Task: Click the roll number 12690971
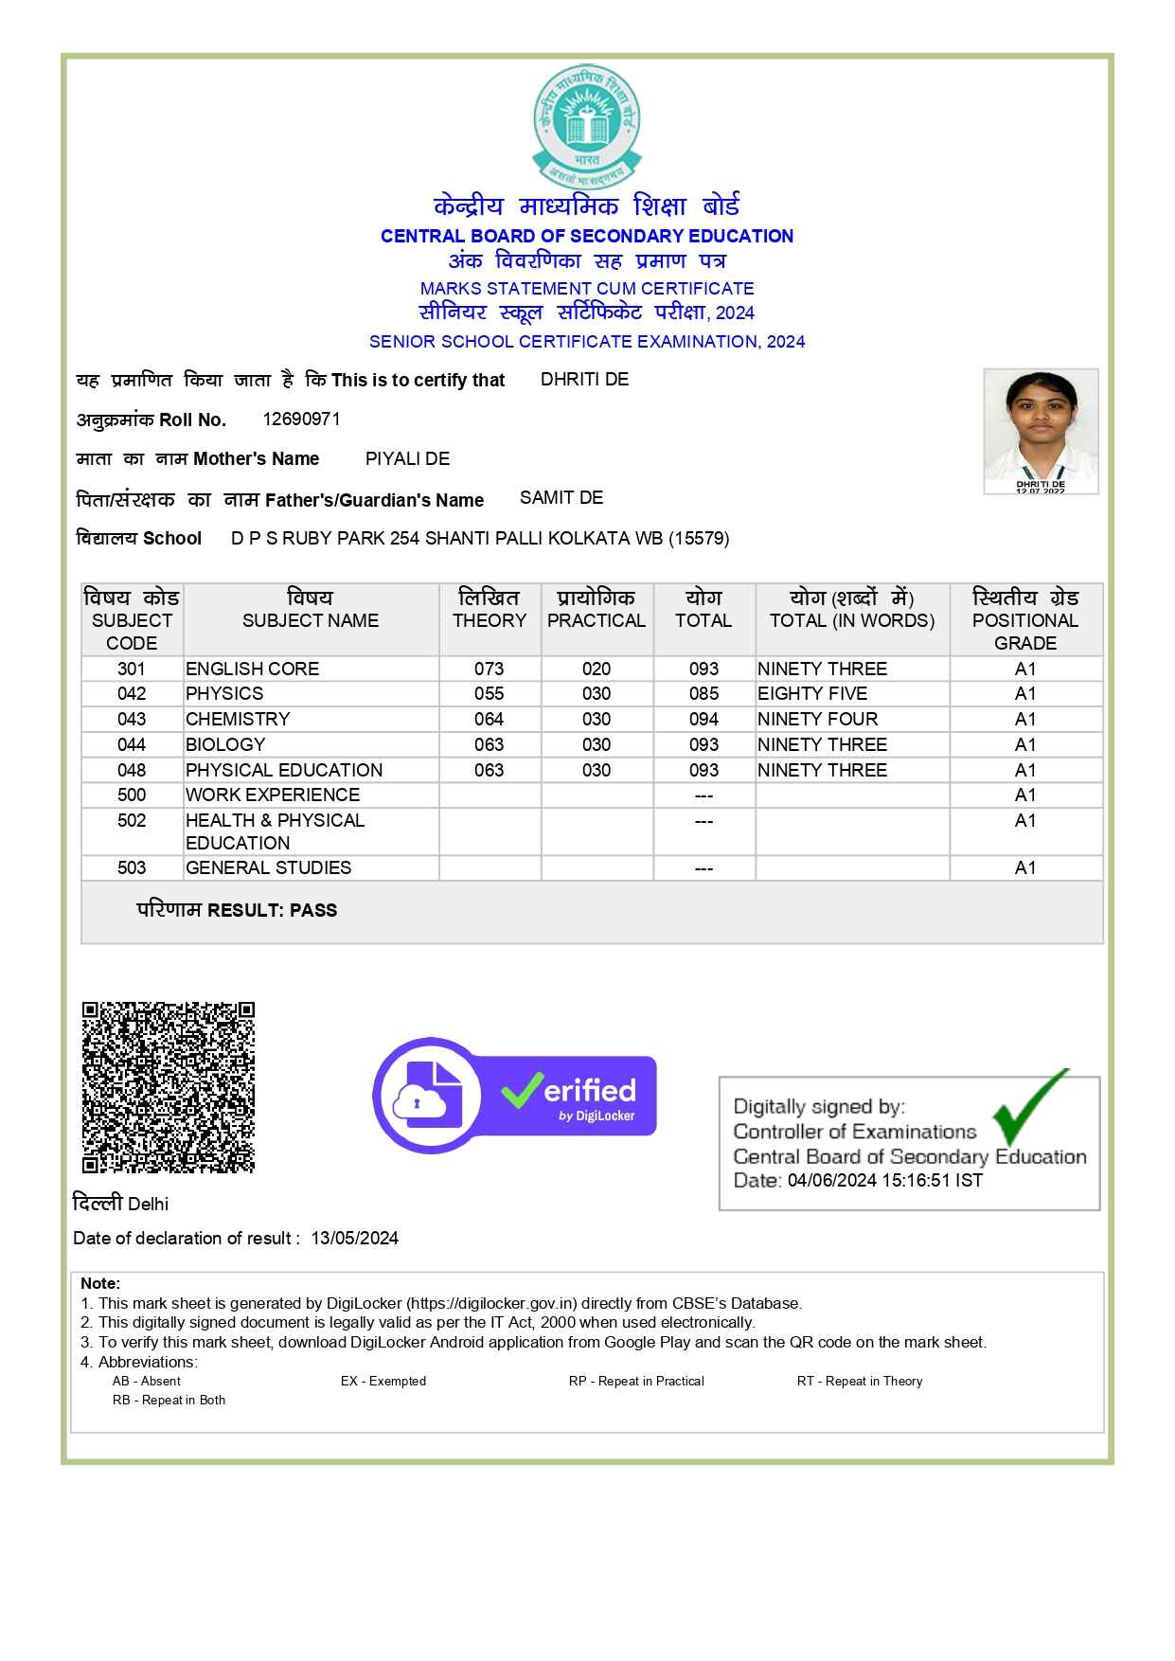[x=301, y=419]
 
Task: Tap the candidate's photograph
[x=1041, y=431]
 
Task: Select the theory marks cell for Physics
[x=489, y=693]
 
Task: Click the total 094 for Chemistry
[x=703, y=719]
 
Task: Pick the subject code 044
[x=132, y=744]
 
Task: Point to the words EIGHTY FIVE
[x=812, y=693]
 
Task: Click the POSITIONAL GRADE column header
[x=1025, y=620]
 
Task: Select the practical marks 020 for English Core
[x=596, y=669]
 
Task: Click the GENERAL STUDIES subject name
[x=269, y=867]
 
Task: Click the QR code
[x=169, y=1087]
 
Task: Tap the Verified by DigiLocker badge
[x=514, y=1096]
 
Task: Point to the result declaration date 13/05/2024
[x=354, y=1238]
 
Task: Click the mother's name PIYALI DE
[x=407, y=458]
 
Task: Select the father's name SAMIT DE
[x=561, y=497]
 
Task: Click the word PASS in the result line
[x=313, y=910]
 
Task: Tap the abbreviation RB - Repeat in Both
[x=169, y=1400]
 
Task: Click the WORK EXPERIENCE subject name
[x=273, y=795]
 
